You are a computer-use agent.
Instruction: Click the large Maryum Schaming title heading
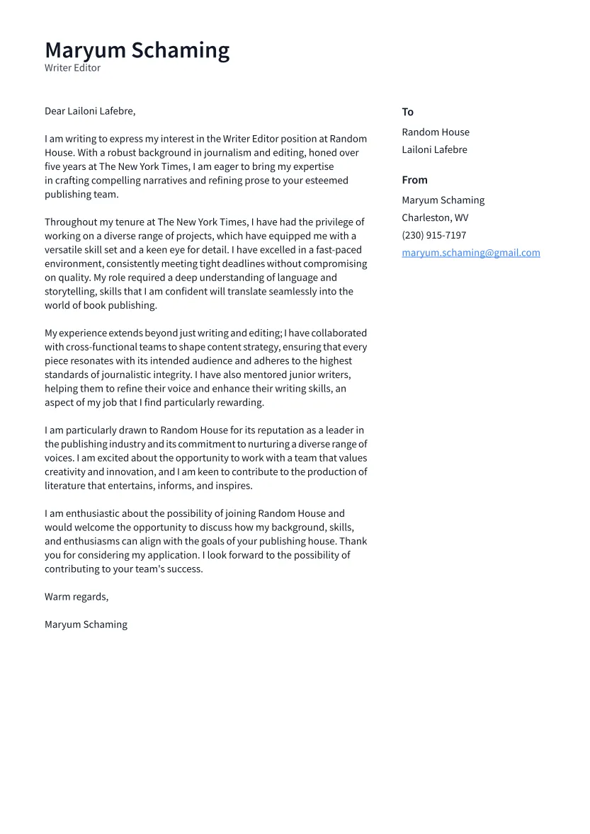pyautogui.click(x=137, y=50)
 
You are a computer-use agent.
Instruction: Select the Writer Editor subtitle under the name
pyautogui.click(x=72, y=68)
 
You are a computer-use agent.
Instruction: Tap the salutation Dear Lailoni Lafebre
pyautogui.click(x=90, y=111)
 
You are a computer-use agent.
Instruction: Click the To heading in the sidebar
pyautogui.click(x=407, y=112)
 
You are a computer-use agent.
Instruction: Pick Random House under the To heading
pyautogui.click(x=435, y=132)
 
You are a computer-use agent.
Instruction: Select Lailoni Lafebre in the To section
pyautogui.click(x=434, y=149)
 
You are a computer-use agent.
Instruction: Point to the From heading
pyautogui.click(x=414, y=180)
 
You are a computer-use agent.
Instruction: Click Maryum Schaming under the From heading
pyautogui.click(x=443, y=200)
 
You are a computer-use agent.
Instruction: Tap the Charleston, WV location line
pyautogui.click(x=434, y=218)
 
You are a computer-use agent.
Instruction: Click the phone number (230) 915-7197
pyautogui.click(x=433, y=235)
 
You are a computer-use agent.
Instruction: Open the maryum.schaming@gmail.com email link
pyautogui.click(x=470, y=253)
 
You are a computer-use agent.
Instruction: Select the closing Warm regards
pyautogui.click(x=76, y=597)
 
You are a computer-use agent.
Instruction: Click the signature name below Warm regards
pyautogui.click(x=86, y=624)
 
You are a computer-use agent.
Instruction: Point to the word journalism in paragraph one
pyautogui.click(x=229, y=153)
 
